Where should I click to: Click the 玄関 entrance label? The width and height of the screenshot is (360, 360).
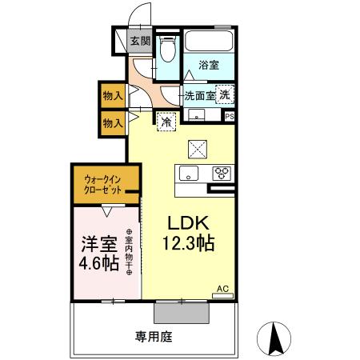pos(139,42)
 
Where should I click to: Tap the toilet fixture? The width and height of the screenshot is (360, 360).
pos(166,50)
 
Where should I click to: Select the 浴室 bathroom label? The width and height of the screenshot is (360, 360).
pos(209,66)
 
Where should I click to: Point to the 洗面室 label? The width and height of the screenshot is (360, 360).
pos(199,95)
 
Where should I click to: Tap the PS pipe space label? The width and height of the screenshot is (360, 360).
pos(230,116)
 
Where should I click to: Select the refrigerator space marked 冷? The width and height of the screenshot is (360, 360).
pos(166,122)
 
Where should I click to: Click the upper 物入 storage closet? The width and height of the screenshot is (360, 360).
pos(112,95)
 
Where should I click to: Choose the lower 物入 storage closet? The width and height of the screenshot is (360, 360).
pos(112,122)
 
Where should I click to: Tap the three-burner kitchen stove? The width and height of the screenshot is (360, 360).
pos(221,173)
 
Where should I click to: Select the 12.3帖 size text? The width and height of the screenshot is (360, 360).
pos(190,245)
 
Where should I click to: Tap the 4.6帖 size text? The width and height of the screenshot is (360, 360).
pos(100,264)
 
